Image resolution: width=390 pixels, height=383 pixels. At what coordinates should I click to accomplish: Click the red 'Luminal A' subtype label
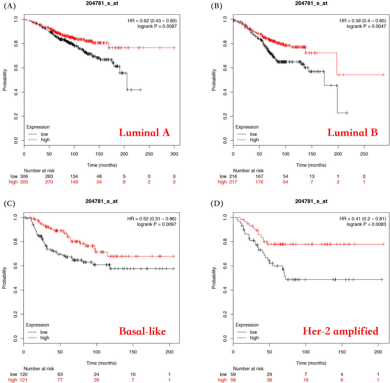point(144,133)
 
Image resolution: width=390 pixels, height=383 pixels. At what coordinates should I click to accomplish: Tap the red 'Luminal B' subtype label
point(352,133)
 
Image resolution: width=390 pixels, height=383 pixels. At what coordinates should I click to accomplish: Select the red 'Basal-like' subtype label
point(142,331)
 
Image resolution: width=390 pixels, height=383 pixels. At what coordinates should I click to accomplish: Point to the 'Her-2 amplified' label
point(341,331)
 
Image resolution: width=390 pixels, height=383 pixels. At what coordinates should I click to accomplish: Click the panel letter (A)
point(10,6)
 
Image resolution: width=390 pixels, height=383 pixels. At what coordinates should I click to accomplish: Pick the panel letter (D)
point(217,204)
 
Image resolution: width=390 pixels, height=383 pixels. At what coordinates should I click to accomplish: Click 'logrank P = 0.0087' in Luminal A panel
point(157,26)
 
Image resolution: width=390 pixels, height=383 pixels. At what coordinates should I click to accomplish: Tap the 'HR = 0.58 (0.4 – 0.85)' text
point(363,21)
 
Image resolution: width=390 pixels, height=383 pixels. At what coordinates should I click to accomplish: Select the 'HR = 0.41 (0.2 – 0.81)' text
point(363,219)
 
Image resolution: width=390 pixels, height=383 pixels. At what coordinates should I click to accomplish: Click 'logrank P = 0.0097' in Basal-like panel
point(157,224)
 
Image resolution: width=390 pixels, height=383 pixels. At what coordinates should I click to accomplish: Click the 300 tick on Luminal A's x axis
point(174,154)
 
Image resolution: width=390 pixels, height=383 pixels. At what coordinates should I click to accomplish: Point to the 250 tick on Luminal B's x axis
point(364,154)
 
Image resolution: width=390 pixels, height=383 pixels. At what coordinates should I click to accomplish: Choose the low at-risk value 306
point(24,177)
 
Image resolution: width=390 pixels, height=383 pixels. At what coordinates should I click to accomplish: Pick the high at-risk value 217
point(233,182)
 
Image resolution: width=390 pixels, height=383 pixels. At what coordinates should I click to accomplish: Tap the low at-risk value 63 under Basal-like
point(60,374)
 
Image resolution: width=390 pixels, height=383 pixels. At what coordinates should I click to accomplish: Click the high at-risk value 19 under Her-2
point(306,380)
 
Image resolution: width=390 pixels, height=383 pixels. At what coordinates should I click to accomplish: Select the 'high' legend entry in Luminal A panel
point(45,140)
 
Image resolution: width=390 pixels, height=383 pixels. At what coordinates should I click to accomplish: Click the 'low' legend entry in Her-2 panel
point(253,332)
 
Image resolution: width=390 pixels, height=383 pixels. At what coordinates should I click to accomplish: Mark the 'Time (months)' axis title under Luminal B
point(311,165)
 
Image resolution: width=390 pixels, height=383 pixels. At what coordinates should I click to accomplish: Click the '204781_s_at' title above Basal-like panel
point(101,201)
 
